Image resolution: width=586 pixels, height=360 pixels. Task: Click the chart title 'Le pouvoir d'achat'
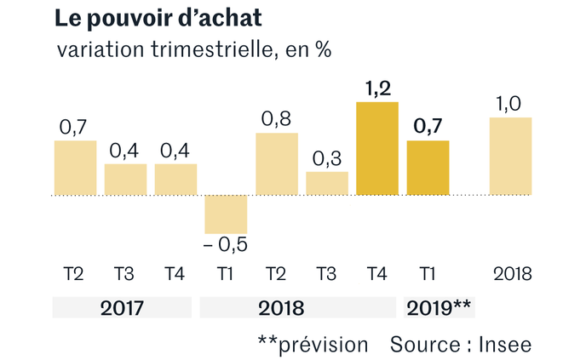point(158,19)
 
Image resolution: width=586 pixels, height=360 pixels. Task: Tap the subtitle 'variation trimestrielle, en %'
point(194,49)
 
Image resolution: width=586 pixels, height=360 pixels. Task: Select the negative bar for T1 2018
point(226,214)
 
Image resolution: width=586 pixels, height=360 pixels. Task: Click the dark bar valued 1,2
point(377,148)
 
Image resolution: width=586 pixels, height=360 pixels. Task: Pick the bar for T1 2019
point(428,168)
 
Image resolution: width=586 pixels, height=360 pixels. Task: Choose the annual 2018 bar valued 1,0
point(510,156)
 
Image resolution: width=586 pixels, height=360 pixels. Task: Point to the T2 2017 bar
point(76,168)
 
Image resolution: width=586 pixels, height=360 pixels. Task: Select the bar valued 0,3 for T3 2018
point(327,183)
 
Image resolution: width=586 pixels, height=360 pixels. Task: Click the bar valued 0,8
point(277,164)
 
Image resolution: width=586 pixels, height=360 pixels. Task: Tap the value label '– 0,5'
point(226,245)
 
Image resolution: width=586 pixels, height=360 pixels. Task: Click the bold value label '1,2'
point(378,89)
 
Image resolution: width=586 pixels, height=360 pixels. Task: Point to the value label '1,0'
point(508,104)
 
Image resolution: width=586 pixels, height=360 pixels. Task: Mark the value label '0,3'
point(327,158)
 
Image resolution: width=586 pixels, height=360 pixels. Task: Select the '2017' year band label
point(122,308)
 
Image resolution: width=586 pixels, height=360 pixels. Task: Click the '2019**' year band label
point(439,308)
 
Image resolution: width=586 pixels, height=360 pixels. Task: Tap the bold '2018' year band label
point(281,308)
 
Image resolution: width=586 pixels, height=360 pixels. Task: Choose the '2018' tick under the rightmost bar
point(513,274)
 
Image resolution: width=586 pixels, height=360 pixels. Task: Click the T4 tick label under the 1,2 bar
point(376,274)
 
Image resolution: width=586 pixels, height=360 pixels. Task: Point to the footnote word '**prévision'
point(313,345)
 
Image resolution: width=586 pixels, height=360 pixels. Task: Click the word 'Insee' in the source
point(505,345)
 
